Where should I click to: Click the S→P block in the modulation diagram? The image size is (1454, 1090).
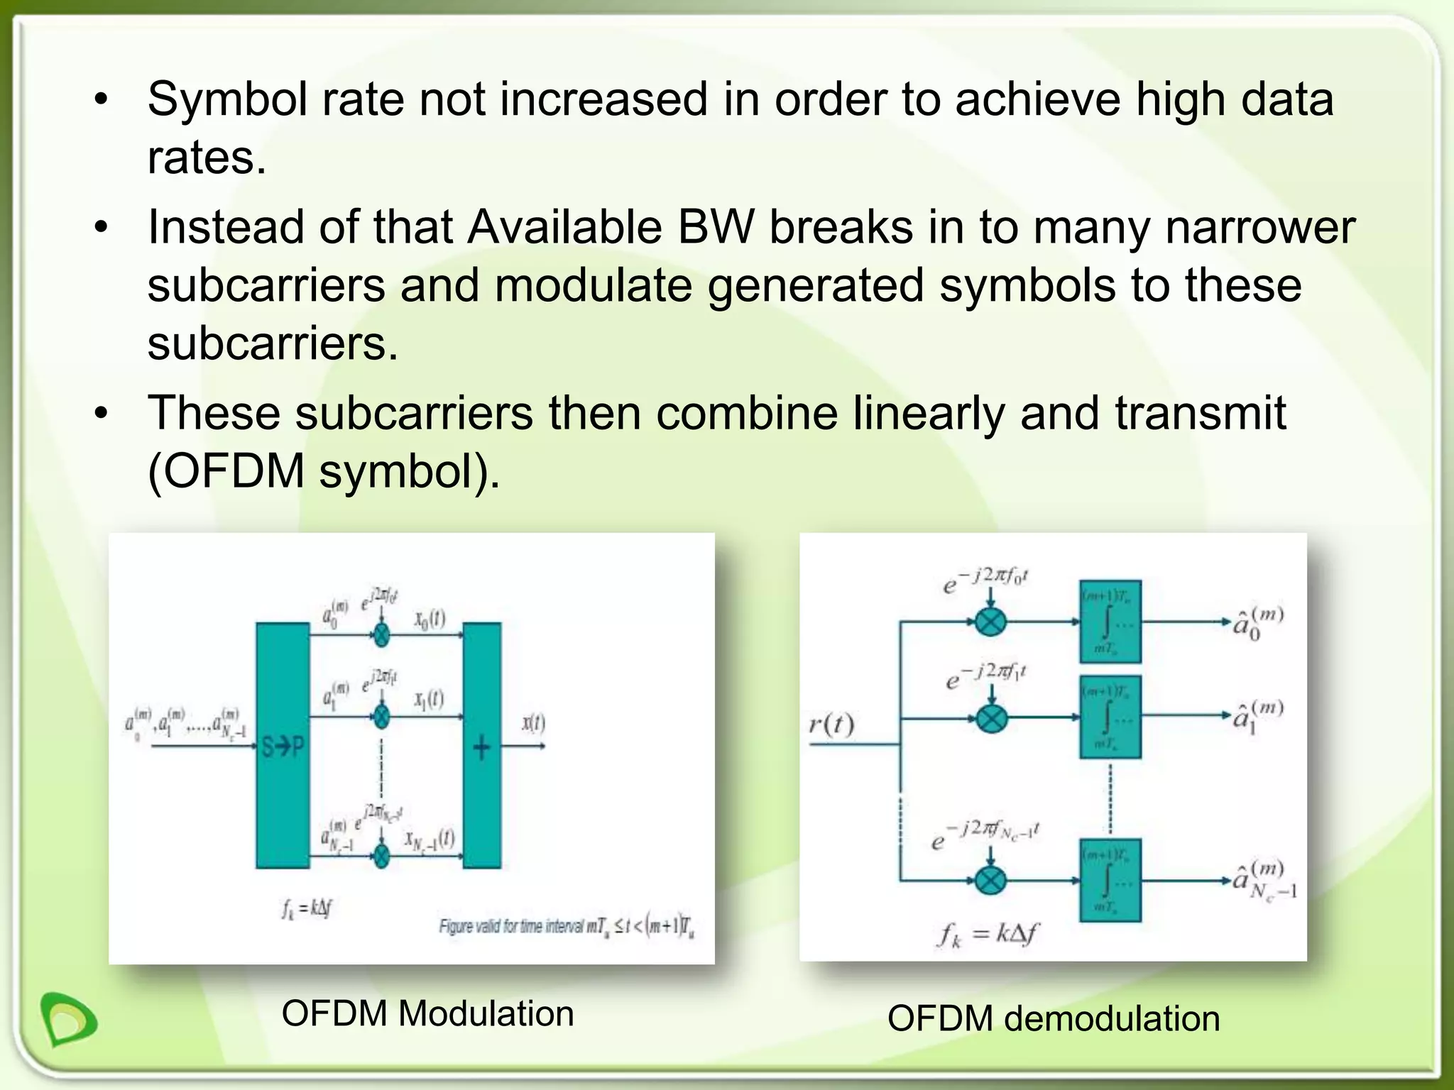pyautogui.click(x=283, y=745)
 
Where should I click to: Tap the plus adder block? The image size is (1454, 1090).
pyautogui.click(x=481, y=745)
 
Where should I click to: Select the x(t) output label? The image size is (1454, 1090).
pyautogui.click(x=533, y=723)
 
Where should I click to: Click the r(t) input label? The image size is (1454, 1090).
pyautogui.click(x=831, y=725)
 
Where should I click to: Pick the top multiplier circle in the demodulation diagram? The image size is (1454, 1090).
pyautogui.click(x=990, y=622)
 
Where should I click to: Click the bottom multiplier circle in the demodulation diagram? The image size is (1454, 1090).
pyautogui.click(x=990, y=881)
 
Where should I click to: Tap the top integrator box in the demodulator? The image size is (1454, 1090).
pyautogui.click(x=1110, y=622)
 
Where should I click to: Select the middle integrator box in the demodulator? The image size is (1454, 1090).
pyautogui.click(x=1110, y=717)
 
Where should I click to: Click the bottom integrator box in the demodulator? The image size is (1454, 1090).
pyautogui.click(x=1110, y=881)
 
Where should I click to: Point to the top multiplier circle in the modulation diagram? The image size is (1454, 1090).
pyautogui.click(x=382, y=634)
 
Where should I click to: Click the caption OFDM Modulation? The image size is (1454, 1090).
pyautogui.click(x=427, y=1013)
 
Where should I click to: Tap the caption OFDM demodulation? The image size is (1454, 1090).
pyautogui.click(x=1054, y=1019)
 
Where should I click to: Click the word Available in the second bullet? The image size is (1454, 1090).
pyautogui.click(x=564, y=227)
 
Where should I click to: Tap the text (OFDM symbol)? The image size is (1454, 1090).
pyautogui.click(x=324, y=471)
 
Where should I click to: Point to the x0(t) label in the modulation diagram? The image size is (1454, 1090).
pyautogui.click(x=430, y=619)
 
